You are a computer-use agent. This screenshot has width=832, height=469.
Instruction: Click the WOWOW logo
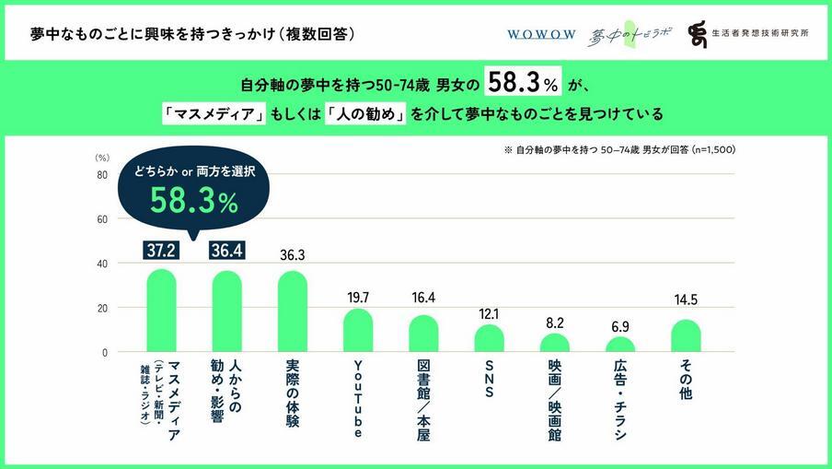(x=541, y=34)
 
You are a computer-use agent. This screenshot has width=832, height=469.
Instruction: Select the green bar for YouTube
(x=358, y=331)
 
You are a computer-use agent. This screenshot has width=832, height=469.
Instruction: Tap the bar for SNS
(x=490, y=338)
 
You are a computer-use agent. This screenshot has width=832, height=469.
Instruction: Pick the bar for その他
(x=686, y=335)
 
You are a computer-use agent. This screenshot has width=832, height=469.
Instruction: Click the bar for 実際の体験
(x=293, y=312)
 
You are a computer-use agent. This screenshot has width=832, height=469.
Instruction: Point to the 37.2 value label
(x=161, y=250)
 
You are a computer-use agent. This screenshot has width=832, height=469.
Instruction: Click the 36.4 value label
(x=226, y=250)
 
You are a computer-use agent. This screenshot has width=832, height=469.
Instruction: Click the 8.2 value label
(x=555, y=322)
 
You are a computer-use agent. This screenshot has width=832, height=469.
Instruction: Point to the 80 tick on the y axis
(x=102, y=175)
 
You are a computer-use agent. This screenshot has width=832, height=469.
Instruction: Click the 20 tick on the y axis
(x=102, y=308)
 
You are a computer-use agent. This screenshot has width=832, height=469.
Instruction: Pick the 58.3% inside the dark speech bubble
(x=194, y=202)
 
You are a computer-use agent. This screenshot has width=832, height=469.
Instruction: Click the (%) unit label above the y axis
(x=102, y=158)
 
